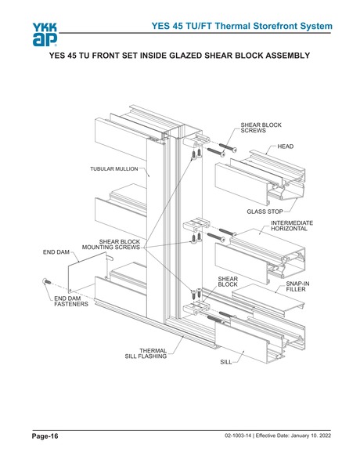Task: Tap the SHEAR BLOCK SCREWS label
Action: (x=261, y=128)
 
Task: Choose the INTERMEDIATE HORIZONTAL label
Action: (x=291, y=227)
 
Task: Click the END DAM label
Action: (x=56, y=253)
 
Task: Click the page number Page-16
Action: (x=45, y=435)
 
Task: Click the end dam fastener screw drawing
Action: (x=48, y=281)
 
